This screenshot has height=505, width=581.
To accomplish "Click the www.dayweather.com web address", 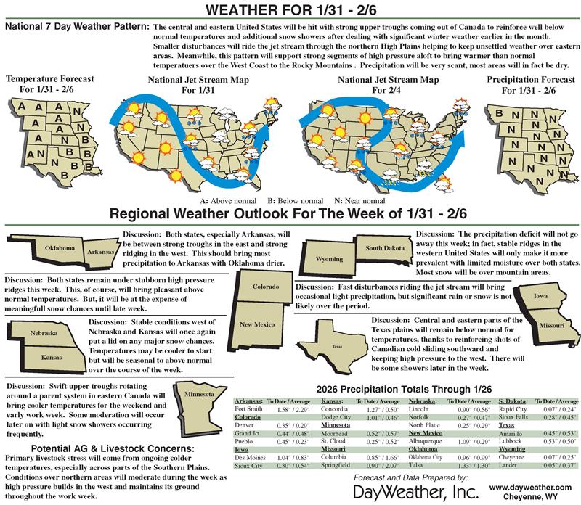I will point(536,482).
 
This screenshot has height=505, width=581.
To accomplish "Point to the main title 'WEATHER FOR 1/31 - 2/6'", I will point(290,11).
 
